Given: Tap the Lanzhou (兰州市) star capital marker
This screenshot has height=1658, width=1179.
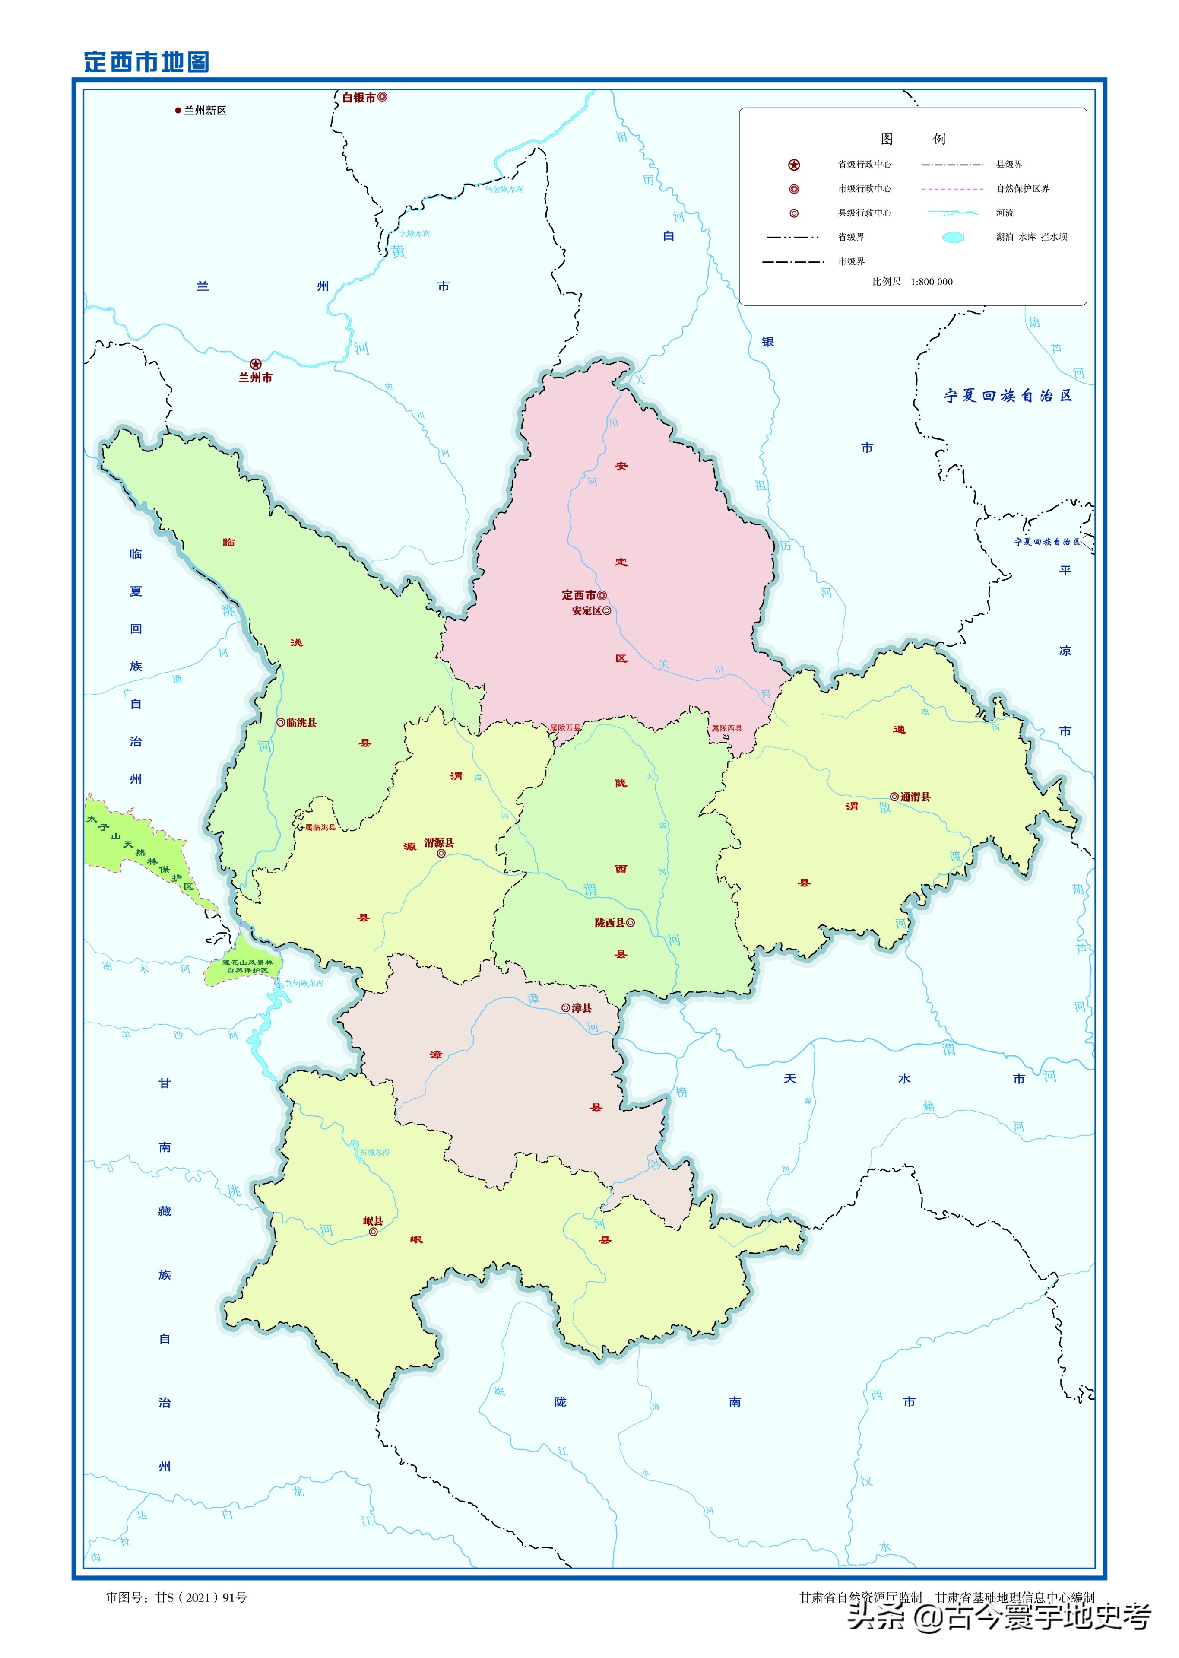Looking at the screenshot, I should point(256,364).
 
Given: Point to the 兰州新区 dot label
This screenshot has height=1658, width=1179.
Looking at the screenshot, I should point(204,111).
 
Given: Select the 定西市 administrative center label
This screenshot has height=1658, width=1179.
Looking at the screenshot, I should point(579,595).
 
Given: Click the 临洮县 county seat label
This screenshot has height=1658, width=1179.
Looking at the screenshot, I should point(301,723).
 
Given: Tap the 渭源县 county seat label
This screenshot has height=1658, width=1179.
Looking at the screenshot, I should point(439,842).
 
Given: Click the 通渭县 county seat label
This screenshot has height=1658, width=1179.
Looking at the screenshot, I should point(915,797).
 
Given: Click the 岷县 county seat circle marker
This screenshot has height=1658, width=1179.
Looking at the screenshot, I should point(373,1232).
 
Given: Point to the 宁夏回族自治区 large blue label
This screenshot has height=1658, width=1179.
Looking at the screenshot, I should point(1008,396).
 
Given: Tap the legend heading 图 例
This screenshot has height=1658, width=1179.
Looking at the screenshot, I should point(913,139).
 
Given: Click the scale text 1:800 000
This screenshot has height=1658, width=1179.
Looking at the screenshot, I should point(932,282).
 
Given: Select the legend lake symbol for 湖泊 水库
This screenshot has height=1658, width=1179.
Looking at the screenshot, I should point(953,238).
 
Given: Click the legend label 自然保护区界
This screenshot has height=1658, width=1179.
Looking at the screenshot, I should point(1022,189).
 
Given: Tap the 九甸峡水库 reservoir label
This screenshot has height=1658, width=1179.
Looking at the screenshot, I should point(304,983).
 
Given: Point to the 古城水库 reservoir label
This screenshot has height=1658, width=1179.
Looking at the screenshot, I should point(374,1152).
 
